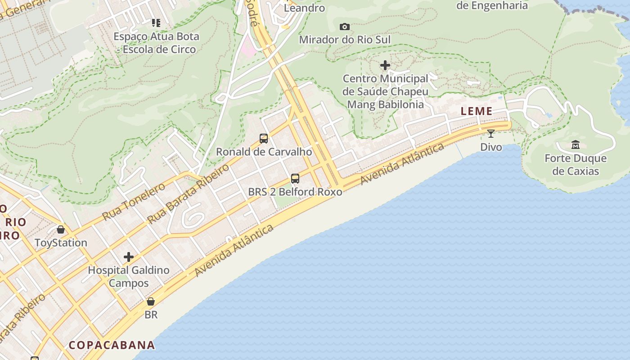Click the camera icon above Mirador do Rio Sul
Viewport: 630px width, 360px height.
345,27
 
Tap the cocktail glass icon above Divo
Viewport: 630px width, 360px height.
491,133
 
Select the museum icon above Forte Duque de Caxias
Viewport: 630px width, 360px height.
575,145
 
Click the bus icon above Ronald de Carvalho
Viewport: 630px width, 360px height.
264,139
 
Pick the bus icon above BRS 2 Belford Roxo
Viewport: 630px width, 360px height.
295,179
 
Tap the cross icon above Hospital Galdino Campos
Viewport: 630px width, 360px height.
129,257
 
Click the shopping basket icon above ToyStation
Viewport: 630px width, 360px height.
61,229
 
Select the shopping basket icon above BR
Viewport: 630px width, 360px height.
151,301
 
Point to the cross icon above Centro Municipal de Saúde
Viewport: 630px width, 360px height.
385,65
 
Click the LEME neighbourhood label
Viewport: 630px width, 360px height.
477,111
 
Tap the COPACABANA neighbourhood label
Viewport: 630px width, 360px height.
112,345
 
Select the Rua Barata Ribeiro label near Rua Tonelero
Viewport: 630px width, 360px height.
188,193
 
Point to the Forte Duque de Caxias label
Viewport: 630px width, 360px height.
576,165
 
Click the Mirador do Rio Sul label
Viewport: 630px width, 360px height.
345,40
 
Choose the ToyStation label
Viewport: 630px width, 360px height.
61,243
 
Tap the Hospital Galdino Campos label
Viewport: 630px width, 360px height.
129,276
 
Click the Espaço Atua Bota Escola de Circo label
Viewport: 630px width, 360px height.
156,43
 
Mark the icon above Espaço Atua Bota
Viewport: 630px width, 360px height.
156,22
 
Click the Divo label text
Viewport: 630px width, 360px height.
491,147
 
